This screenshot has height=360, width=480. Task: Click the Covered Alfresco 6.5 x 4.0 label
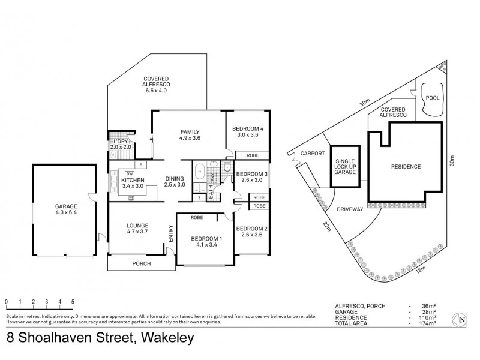[155, 85]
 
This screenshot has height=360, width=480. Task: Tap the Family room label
[189, 135]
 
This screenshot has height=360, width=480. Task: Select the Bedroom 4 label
[246, 131]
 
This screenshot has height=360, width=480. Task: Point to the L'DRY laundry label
[121, 143]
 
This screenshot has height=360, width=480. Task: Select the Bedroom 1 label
[206, 242]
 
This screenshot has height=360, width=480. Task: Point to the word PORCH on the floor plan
[142, 264]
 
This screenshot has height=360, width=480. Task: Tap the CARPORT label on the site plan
[312, 153]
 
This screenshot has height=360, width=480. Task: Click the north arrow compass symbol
[461, 320]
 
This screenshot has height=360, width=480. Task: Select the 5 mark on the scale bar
[73, 302]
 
